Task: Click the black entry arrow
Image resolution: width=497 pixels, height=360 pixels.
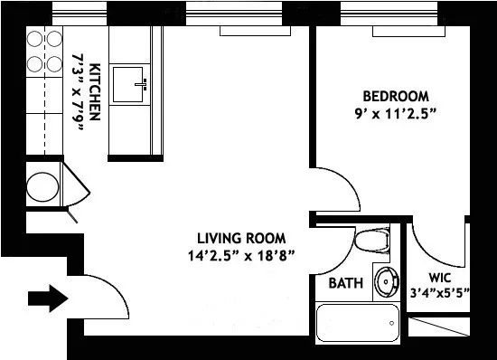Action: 48,298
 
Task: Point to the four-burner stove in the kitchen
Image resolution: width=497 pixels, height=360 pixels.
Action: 44,52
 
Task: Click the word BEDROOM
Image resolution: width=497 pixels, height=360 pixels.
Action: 395,96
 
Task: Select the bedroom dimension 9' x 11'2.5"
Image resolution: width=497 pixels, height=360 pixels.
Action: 395,115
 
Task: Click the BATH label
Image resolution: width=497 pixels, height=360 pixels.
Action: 345,283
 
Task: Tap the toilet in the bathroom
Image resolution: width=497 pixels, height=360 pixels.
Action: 369,242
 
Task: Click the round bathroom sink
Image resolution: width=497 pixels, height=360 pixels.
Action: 387,282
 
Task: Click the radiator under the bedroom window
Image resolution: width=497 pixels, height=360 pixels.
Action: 407,32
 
